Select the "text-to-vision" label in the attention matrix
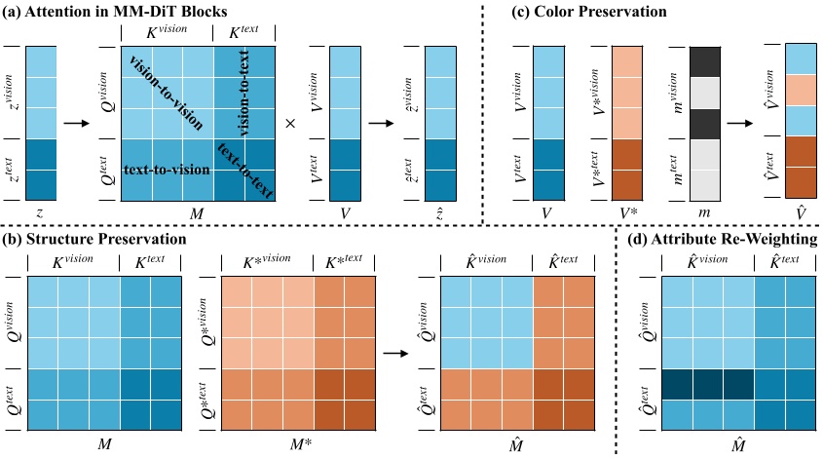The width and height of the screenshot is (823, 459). pos(168,170)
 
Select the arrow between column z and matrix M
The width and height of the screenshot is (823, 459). pos(74,125)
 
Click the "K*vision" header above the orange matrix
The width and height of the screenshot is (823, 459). pos(263,262)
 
